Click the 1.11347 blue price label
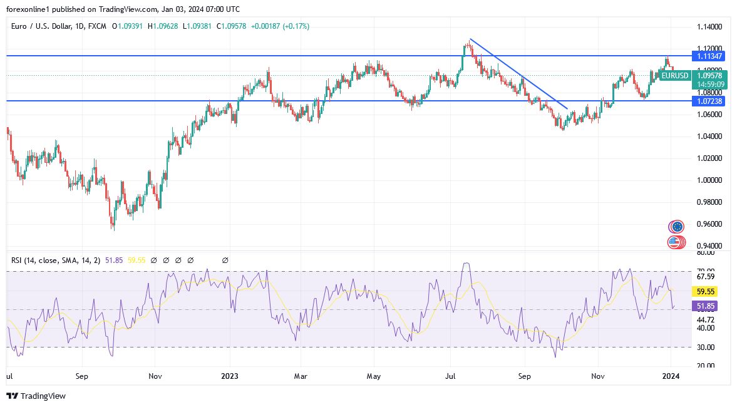[709, 56]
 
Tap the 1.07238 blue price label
[709, 101]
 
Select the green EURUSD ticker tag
[675, 76]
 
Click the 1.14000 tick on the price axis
[709, 27]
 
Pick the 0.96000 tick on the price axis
[709, 224]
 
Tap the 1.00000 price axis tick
[709, 180]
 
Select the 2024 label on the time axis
[671, 376]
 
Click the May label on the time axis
[374, 376]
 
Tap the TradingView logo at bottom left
[36, 396]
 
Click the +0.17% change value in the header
[296, 26]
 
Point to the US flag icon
[674, 242]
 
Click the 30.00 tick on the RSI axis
[706, 347]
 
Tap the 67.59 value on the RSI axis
[706, 276]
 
